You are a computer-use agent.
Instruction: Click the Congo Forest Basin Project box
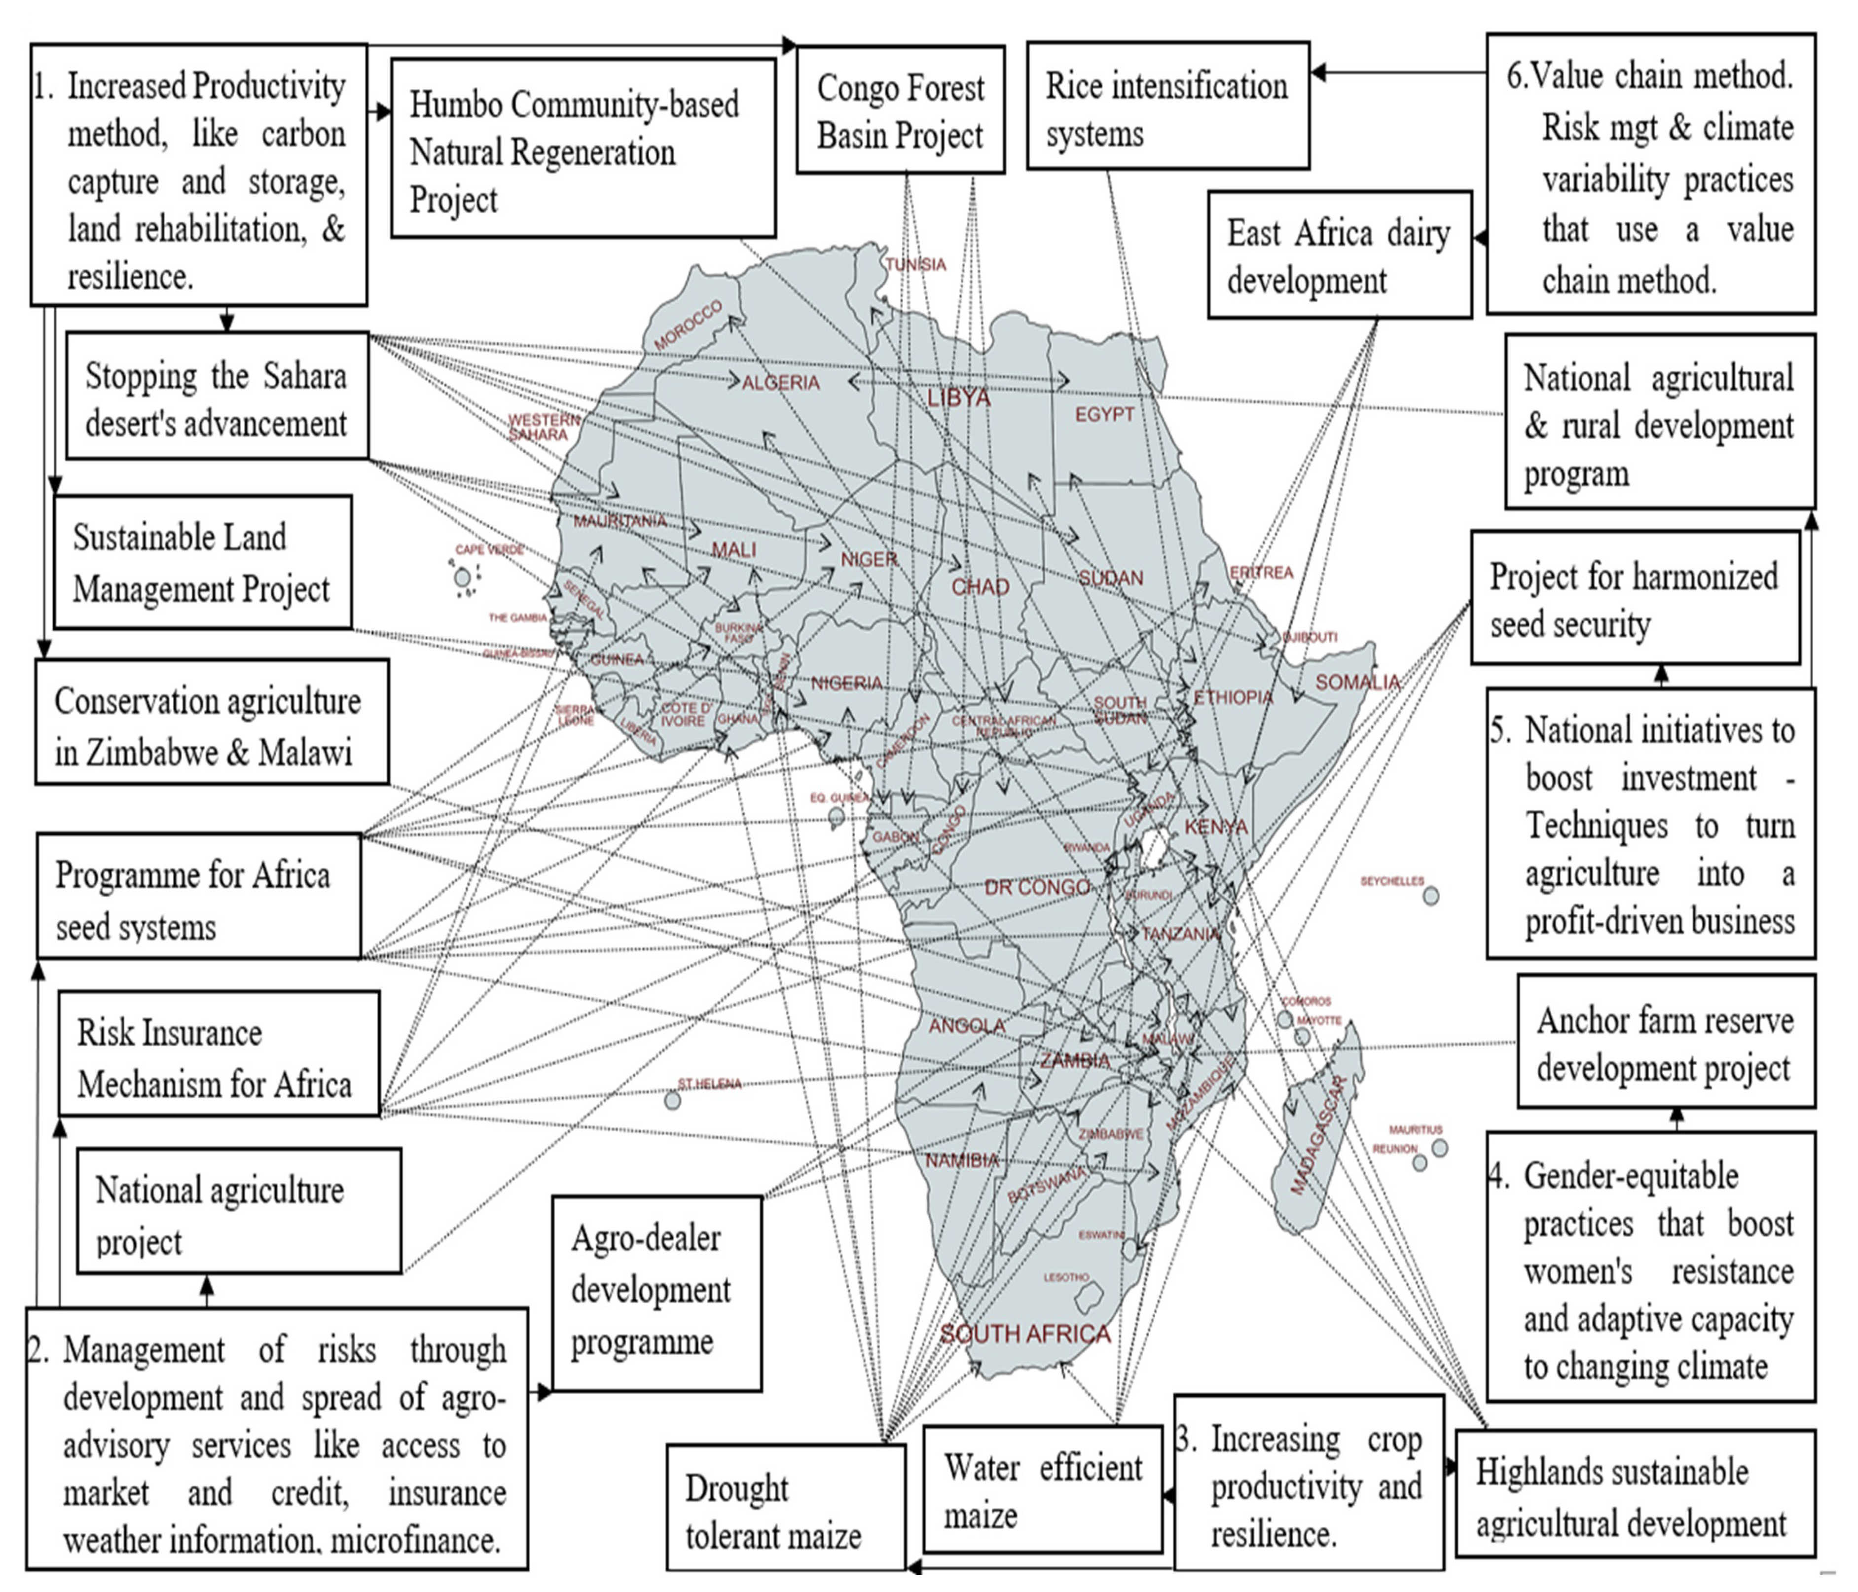point(900,110)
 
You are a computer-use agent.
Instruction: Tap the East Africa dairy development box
point(1339,255)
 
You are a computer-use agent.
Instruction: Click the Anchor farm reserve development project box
point(1665,1043)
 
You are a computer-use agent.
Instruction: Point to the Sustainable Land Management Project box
point(202,563)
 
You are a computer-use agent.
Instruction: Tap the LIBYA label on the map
point(958,398)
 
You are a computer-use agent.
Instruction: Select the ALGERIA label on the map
point(780,383)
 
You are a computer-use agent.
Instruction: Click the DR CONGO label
point(1037,887)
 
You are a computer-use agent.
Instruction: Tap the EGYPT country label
point(1105,414)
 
